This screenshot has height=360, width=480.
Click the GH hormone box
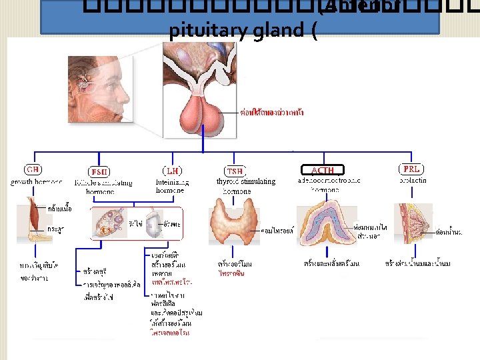point(33,169)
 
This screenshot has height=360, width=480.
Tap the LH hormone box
point(172,171)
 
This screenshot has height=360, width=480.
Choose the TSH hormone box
point(235,171)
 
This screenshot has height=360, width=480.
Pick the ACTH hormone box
point(323,170)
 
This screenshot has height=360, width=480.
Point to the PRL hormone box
point(411,169)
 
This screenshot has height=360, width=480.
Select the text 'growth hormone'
point(37,181)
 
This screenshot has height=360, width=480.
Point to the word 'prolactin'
point(413,180)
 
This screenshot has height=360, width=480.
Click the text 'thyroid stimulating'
point(245,181)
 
